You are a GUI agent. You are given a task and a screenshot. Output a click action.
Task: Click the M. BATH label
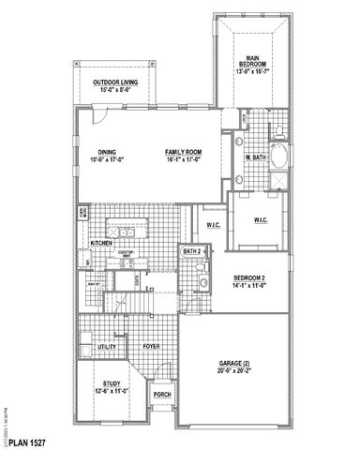coord(259,157)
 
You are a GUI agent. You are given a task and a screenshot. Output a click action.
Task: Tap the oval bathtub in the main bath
coord(278,155)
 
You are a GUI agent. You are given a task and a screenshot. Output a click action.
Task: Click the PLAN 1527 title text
coord(27,440)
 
